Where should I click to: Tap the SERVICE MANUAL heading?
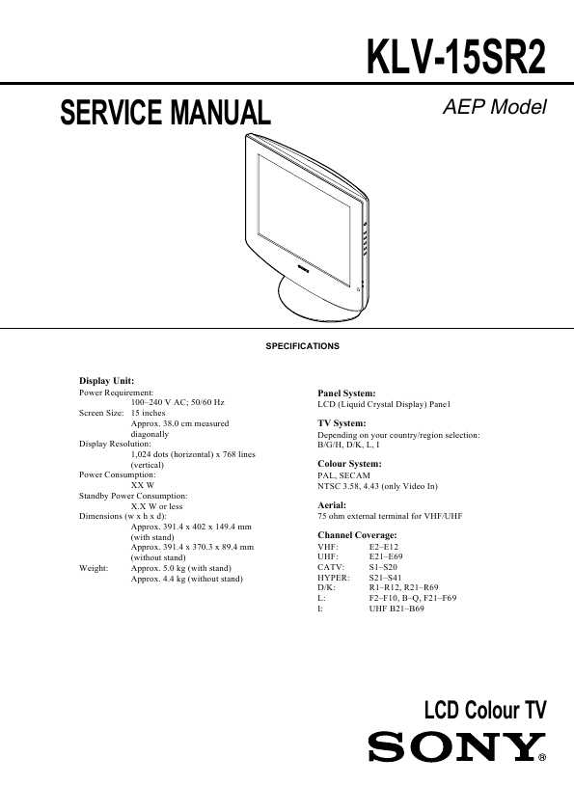165,113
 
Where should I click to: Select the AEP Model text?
494,107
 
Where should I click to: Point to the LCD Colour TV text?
485,710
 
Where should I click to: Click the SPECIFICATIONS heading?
303,346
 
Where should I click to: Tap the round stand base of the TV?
317,307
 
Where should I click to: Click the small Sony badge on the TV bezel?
303,268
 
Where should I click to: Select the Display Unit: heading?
106,381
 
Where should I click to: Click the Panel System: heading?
346,393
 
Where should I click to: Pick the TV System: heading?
342,423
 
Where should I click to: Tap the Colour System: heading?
349,464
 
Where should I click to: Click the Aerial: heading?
332,505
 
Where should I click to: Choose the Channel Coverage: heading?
358,535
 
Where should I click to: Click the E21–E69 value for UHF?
386,556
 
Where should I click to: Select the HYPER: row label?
334,578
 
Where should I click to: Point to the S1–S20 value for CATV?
383,567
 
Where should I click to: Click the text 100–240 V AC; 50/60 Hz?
178,402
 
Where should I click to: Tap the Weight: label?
94,568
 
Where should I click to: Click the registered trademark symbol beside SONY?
542,758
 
